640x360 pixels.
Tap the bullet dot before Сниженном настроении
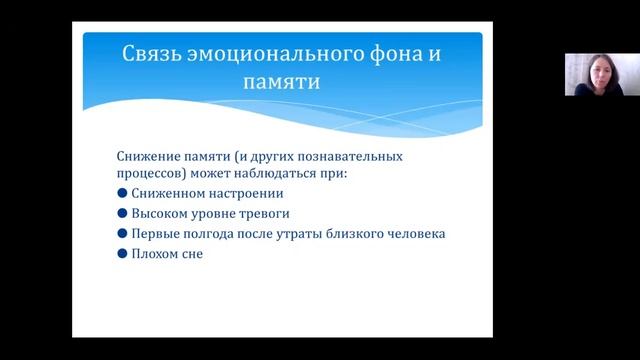(123, 194)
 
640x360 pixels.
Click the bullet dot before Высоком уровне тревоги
(123, 214)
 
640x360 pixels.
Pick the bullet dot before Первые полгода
(123, 234)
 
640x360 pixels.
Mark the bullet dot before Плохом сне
(123, 254)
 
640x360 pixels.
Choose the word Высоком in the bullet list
(159, 214)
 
